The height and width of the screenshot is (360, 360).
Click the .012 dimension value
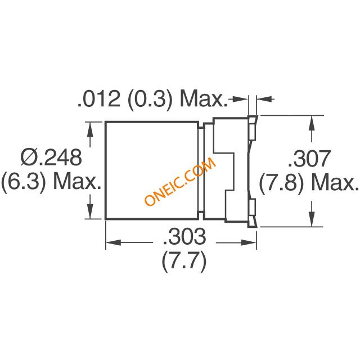(99, 99)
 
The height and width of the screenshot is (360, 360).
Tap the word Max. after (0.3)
(204, 99)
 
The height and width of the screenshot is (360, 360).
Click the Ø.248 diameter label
(51, 157)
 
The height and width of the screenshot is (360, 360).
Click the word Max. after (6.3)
(77, 181)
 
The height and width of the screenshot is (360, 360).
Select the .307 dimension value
(309, 159)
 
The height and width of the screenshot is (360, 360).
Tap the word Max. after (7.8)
(335, 183)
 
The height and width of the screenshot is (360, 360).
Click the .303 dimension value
(184, 236)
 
